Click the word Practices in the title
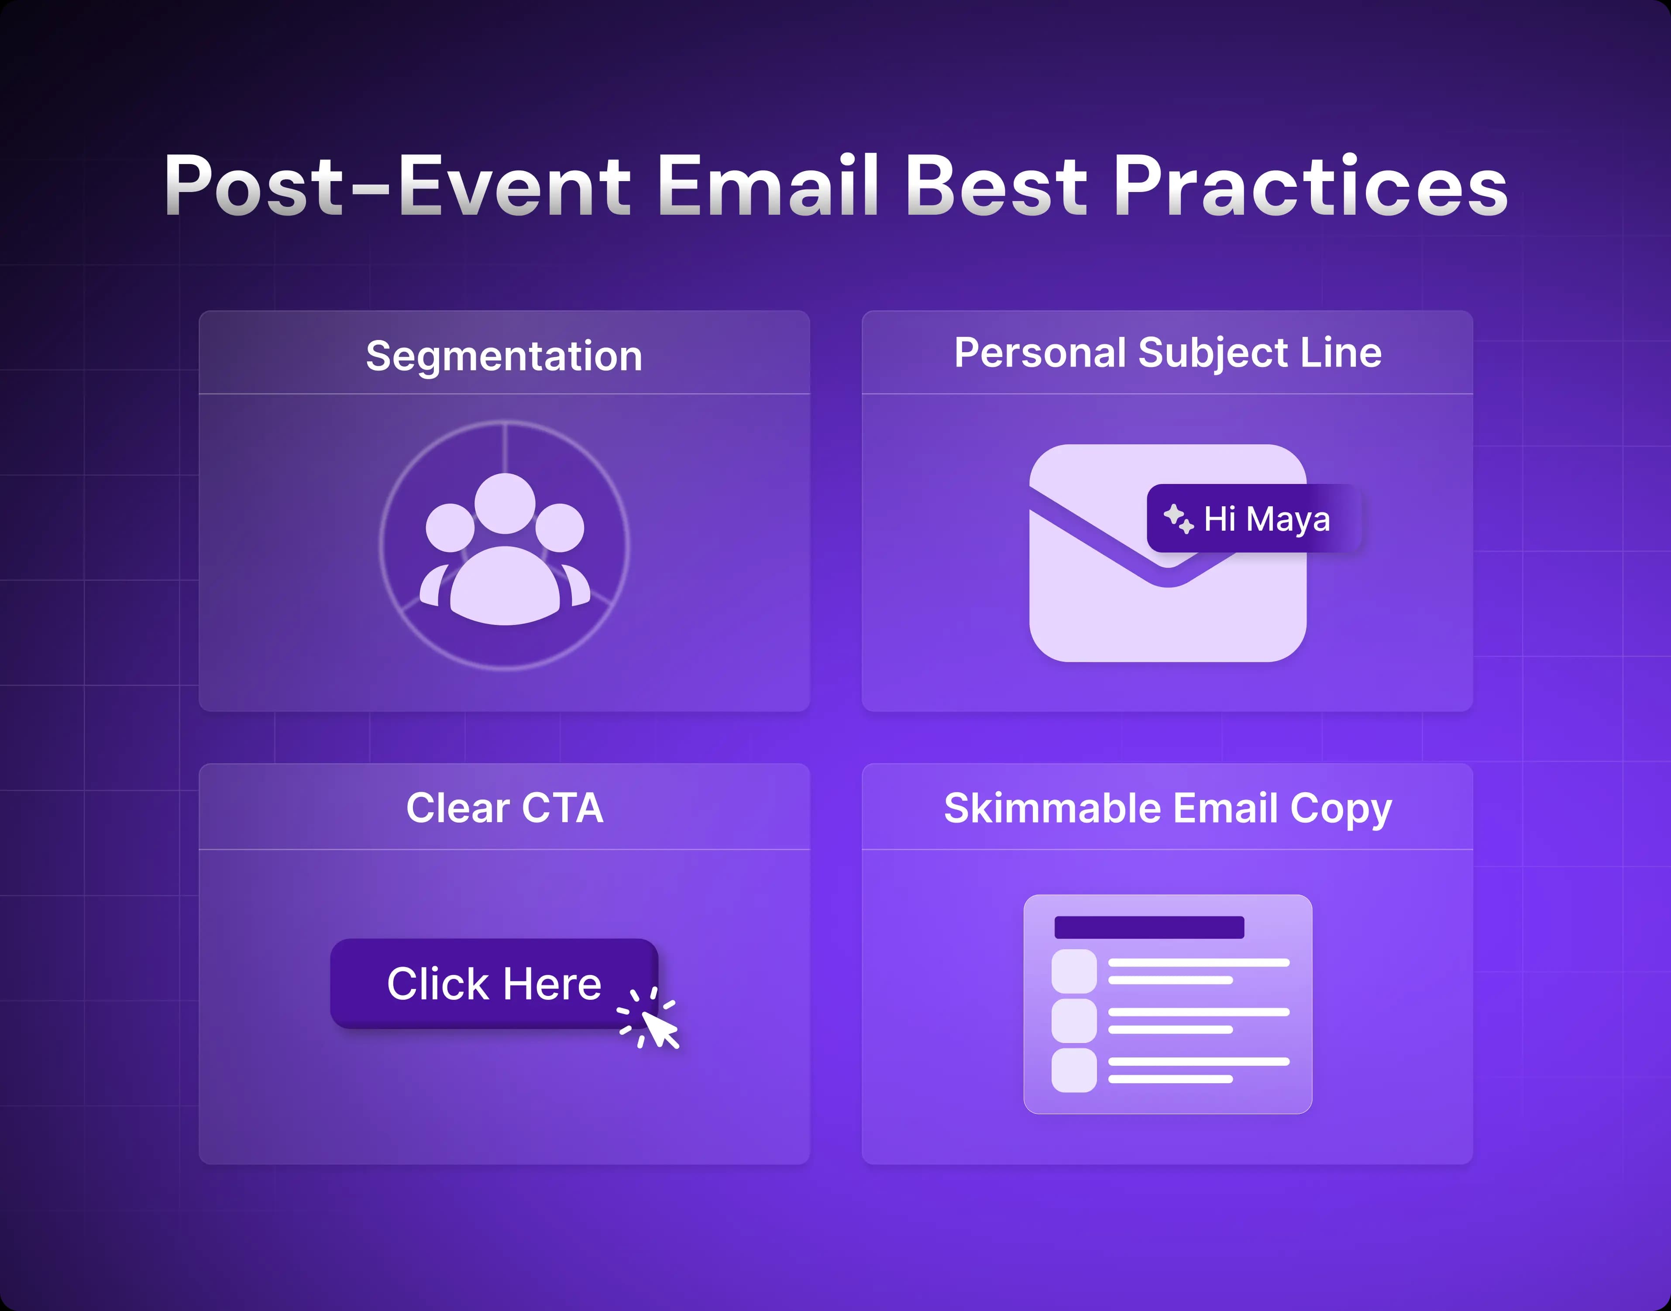[1310, 186]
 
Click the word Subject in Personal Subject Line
[1213, 353]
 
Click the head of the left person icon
[450, 527]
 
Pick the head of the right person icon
[560, 527]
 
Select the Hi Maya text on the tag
[1266, 519]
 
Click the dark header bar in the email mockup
[1148, 927]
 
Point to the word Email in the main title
[767, 186]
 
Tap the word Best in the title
[996, 186]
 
